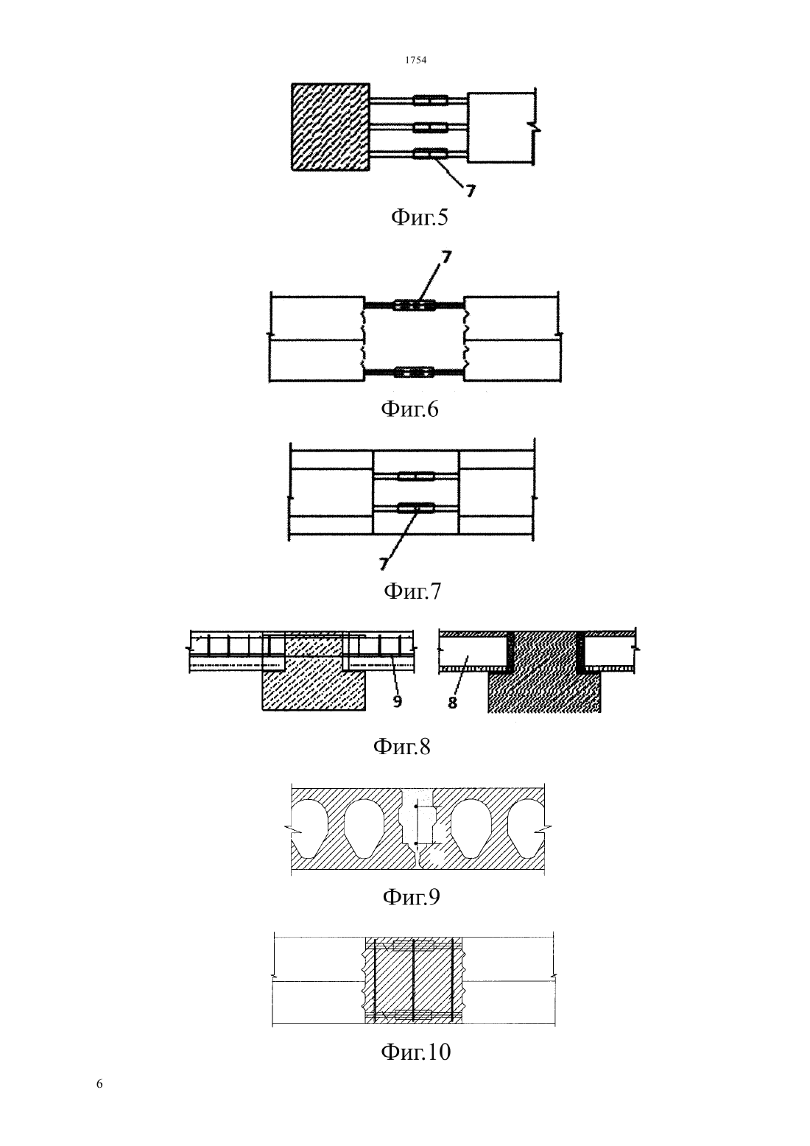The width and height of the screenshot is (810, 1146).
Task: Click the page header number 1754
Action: click(415, 60)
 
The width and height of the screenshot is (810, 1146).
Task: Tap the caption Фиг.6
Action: click(409, 409)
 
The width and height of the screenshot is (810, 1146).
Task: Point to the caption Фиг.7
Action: click(412, 591)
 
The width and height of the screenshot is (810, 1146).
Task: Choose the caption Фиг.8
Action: click(402, 746)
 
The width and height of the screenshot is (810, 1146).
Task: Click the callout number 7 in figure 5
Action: click(470, 191)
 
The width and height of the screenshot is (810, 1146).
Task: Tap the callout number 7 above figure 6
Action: click(446, 257)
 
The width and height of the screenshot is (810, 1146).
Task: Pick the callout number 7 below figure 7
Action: click(383, 564)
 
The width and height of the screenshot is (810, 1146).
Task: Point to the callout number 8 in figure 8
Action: click(453, 703)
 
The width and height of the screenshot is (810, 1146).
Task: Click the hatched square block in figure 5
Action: click(331, 127)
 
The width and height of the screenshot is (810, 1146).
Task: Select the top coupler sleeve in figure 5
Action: click(431, 99)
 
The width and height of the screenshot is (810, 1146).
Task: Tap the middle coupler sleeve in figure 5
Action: click(431, 127)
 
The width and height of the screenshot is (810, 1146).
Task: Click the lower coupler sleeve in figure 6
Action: click(414, 372)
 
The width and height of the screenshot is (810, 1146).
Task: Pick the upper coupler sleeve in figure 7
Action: click(416, 477)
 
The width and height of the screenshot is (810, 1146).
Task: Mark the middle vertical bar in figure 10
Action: click(413, 980)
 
